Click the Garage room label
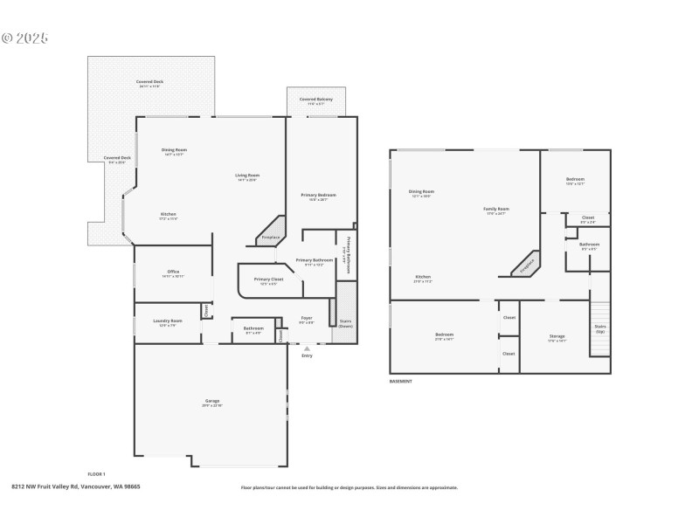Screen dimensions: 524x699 click(212, 403)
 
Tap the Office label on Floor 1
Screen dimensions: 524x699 click(173, 273)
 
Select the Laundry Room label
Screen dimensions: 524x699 click(167, 322)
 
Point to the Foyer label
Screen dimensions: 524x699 click(307, 320)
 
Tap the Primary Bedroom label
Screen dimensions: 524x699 click(319, 196)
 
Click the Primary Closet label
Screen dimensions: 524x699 click(266, 281)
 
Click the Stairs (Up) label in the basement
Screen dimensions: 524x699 click(600, 329)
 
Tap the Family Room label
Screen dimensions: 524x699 click(496, 210)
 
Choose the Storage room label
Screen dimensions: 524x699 click(557, 337)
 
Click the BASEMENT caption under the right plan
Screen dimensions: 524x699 click(400, 381)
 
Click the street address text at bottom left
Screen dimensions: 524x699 click(76, 486)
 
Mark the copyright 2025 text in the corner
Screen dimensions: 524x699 click(24, 38)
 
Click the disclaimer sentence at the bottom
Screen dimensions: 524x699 click(349, 487)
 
